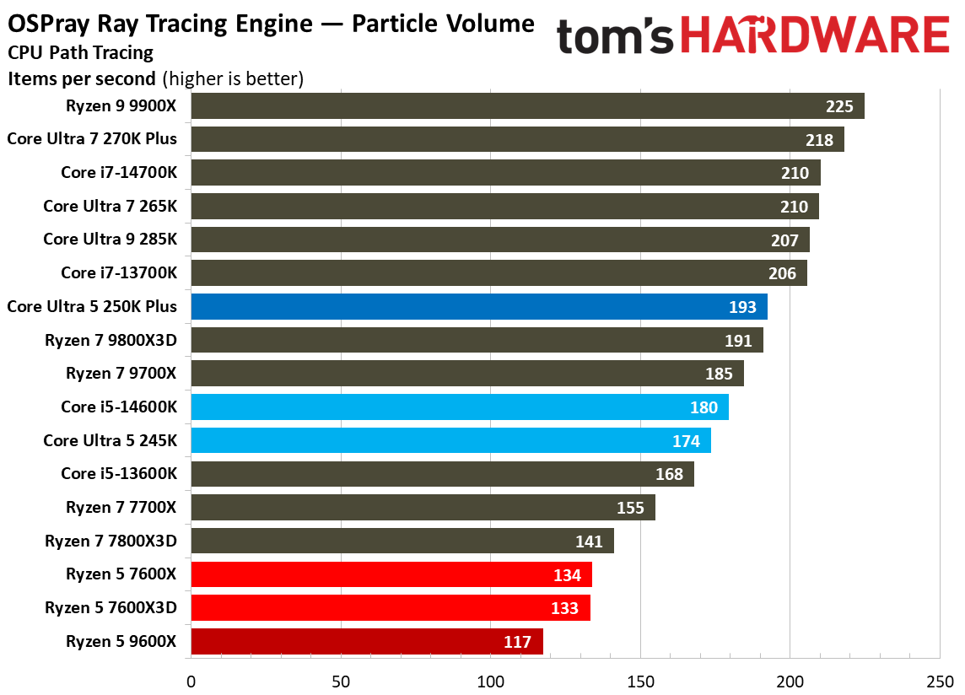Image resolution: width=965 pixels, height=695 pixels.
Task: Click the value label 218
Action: click(x=819, y=140)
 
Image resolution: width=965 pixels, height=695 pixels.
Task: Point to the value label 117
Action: click(x=517, y=642)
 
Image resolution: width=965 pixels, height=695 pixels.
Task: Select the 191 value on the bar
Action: click(x=739, y=341)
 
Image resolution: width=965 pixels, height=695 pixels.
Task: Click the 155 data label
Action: click(x=630, y=508)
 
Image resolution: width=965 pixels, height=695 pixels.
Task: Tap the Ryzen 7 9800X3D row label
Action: click(x=111, y=341)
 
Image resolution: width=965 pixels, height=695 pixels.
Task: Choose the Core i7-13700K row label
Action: click(x=119, y=273)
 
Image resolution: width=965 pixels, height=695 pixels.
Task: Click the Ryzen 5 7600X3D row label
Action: click(x=111, y=608)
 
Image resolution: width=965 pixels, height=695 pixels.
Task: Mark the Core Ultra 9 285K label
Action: click(x=110, y=240)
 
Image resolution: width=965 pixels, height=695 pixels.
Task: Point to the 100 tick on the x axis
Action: click(x=490, y=680)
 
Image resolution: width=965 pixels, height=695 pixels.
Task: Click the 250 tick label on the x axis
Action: click(x=939, y=680)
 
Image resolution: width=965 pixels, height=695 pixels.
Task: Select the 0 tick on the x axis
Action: click(x=191, y=680)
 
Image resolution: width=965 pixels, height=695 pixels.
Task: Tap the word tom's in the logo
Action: click(x=615, y=38)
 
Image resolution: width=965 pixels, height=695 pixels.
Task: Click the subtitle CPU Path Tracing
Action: click(x=81, y=53)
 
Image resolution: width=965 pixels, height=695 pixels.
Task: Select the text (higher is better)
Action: click(x=232, y=79)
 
